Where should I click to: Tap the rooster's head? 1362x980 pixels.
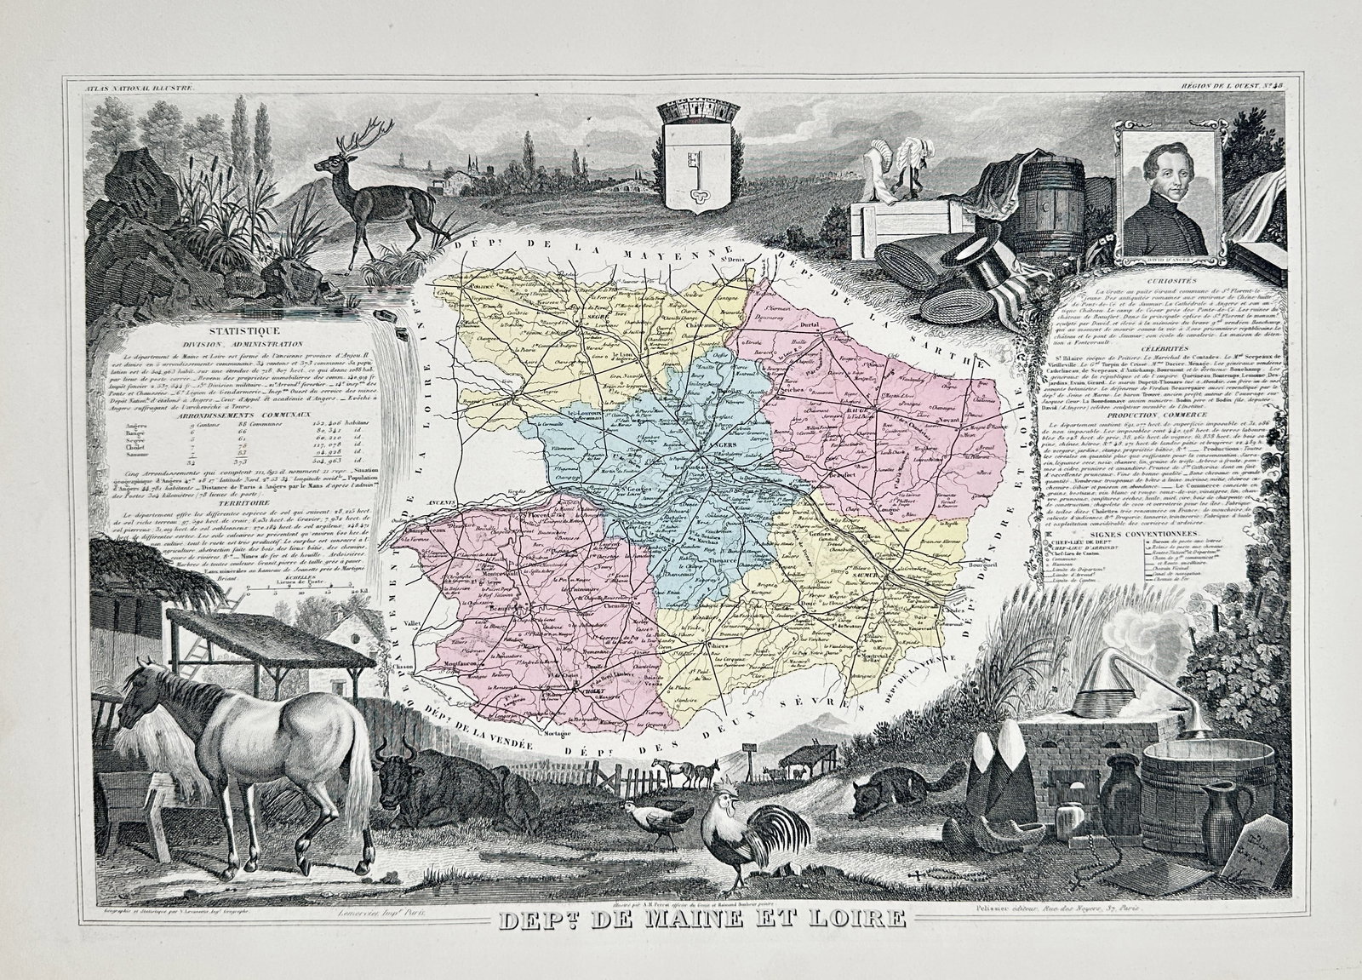point(723,810)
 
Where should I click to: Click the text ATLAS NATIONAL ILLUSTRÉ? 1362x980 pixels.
point(140,83)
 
